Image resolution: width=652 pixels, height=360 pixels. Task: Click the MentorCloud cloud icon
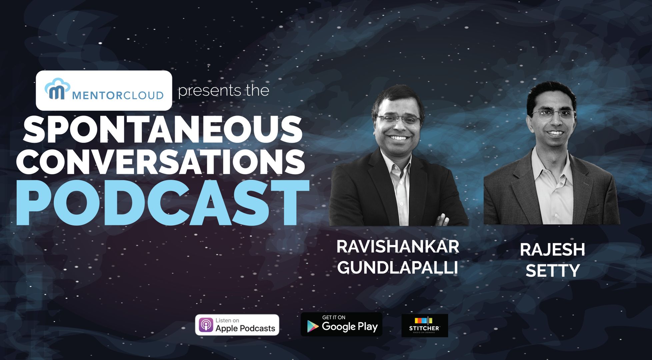(x=57, y=89)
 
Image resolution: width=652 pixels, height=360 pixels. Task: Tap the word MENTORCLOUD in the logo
(x=118, y=96)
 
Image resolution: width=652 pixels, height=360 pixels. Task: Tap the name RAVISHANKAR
(x=398, y=247)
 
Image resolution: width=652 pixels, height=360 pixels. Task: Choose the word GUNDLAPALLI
(x=397, y=267)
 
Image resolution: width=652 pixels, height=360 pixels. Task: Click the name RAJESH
(x=552, y=250)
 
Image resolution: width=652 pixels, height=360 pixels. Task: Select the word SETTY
(x=553, y=270)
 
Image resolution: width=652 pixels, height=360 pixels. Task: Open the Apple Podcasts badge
(x=237, y=325)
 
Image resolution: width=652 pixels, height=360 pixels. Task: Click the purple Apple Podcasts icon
(x=206, y=325)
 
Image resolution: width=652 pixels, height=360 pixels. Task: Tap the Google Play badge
(x=341, y=324)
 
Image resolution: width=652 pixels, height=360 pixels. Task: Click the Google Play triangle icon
(x=312, y=326)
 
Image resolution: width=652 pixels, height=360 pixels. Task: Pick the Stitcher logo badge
(x=425, y=325)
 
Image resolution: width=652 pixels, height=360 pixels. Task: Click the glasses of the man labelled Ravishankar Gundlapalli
(x=398, y=119)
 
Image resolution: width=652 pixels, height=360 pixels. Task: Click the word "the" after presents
(x=258, y=91)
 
